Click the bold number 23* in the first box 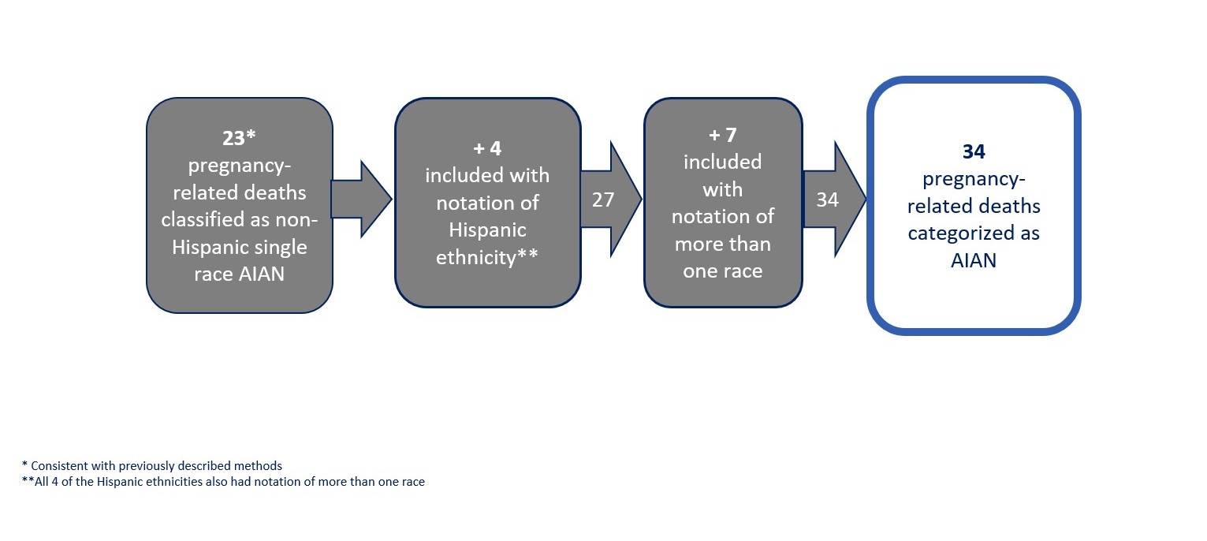(239, 139)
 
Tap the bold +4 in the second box (487, 148)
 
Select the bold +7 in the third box (723, 135)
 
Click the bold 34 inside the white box (974, 151)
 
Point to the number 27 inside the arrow (603, 200)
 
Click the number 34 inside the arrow (827, 200)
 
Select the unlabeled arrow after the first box (362, 199)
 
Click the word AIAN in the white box (973, 261)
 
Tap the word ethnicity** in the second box (487, 257)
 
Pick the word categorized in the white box (952, 234)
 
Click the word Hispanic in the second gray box (487, 230)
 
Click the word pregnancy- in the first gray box (239, 166)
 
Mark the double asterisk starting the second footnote (28, 479)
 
